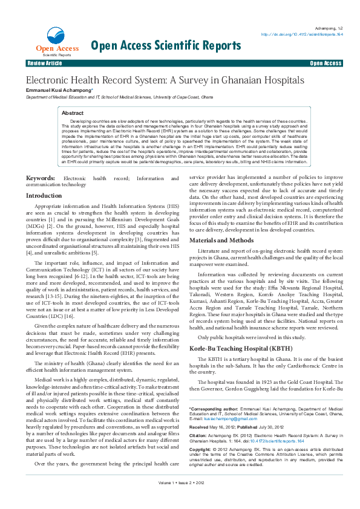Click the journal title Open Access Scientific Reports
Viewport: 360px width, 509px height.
[x=165, y=45]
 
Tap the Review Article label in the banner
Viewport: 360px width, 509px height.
[x=44, y=63]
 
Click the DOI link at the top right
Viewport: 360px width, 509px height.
[x=302, y=34]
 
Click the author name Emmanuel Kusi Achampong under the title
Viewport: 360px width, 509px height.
[x=58, y=90]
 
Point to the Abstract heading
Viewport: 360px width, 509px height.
[x=73, y=113]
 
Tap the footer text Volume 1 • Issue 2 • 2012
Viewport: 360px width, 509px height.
[x=180, y=500]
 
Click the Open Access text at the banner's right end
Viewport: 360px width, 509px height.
[x=326, y=63]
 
